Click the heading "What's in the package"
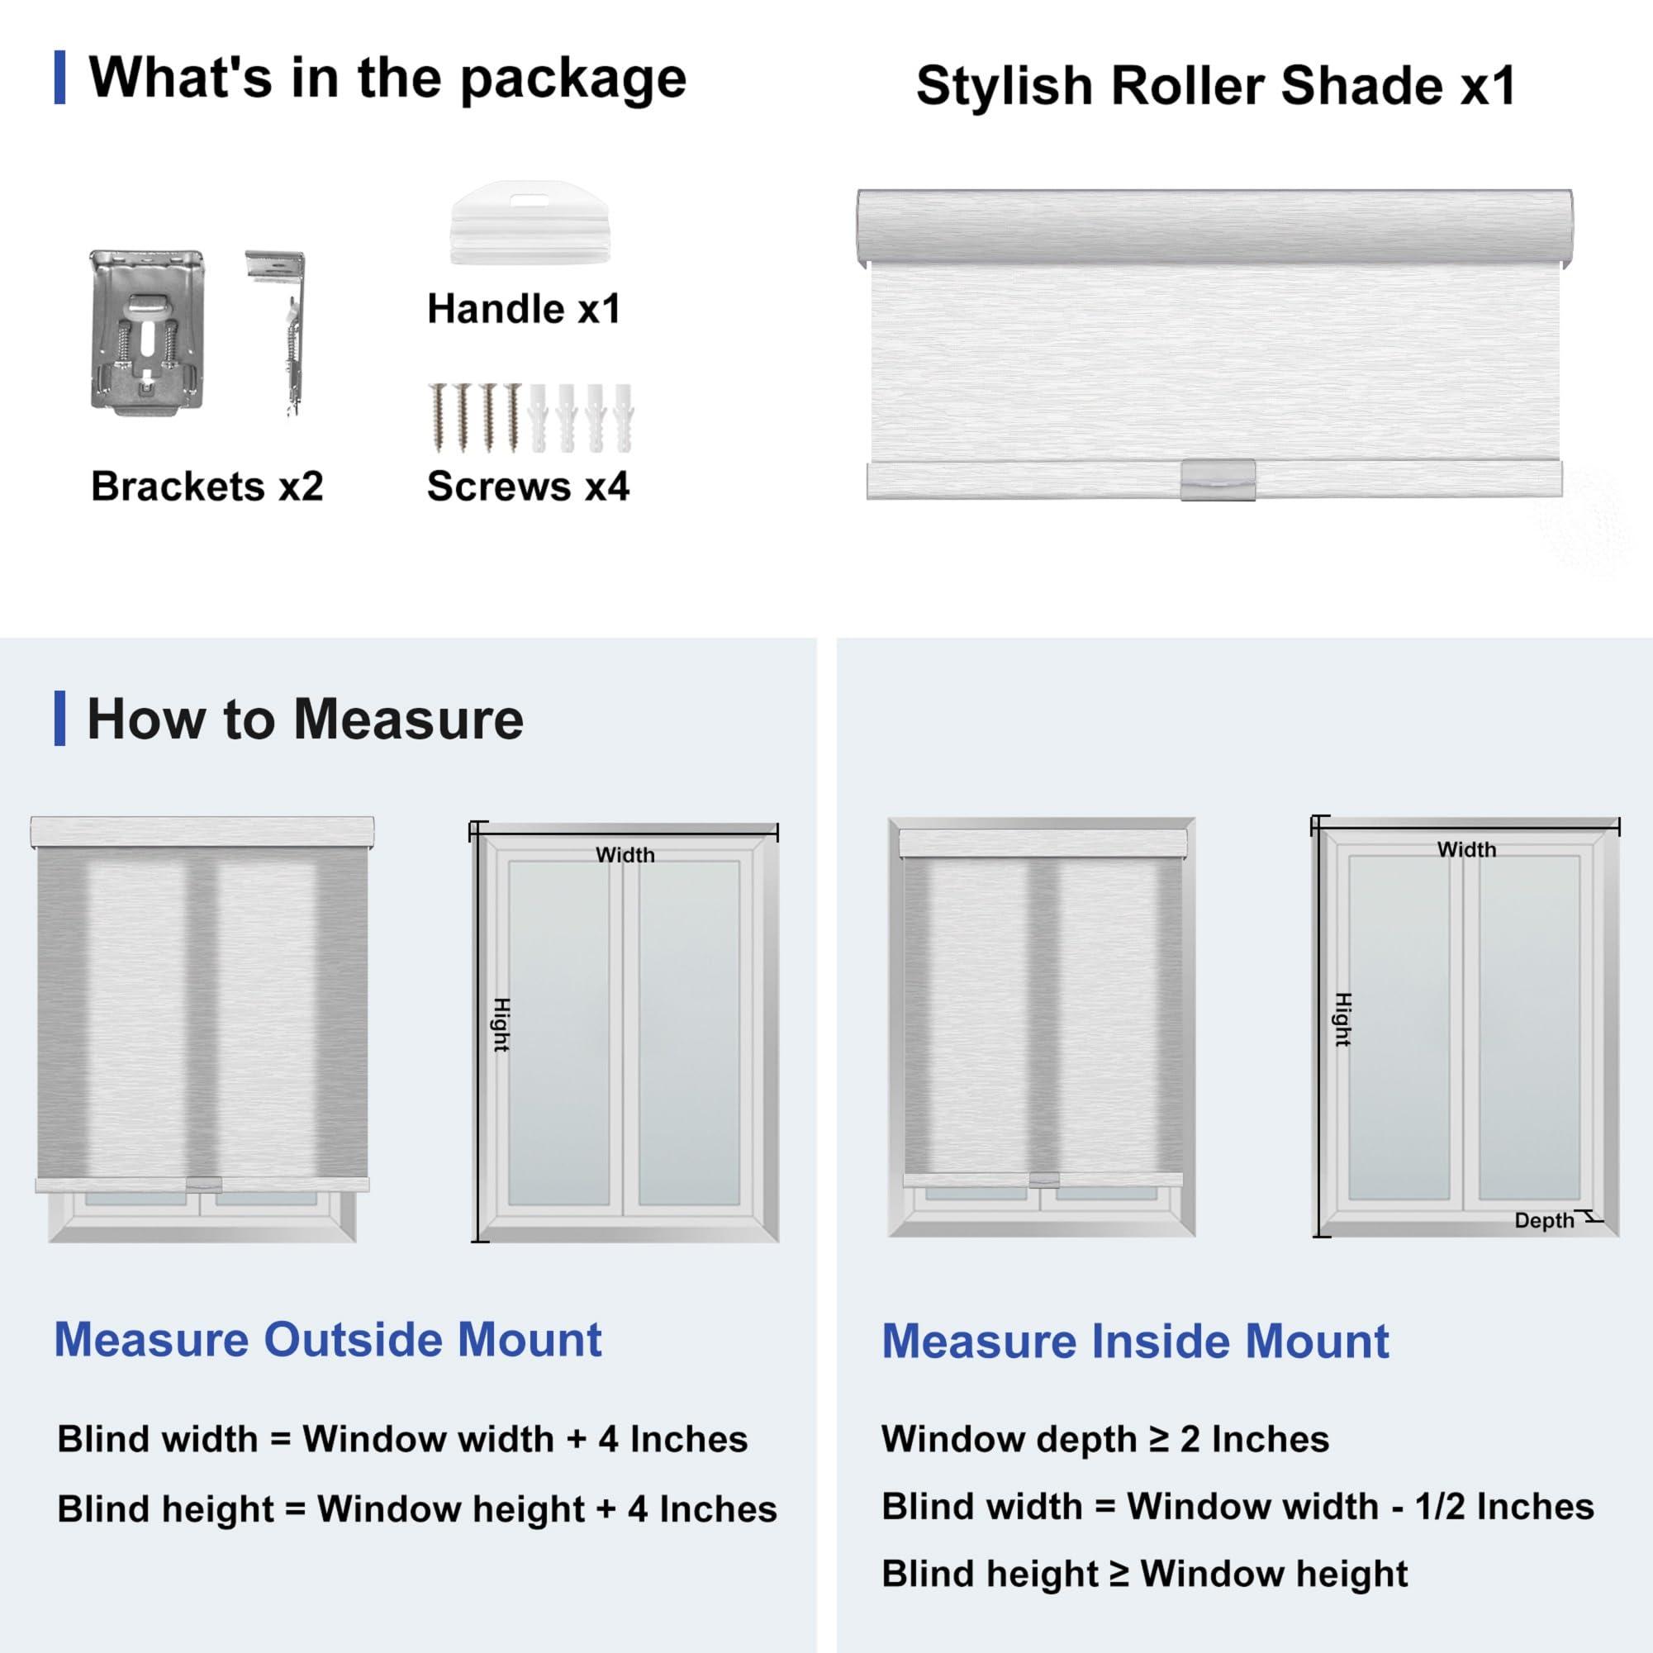pyautogui.click(x=387, y=78)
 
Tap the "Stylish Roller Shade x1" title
pyautogui.click(x=1215, y=87)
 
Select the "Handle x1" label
pyautogui.click(x=524, y=309)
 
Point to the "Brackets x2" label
pyautogui.click(x=207, y=487)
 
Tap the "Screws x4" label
pyautogui.click(x=528, y=487)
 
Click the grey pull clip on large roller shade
pyautogui.click(x=1218, y=480)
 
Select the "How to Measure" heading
pyautogui.click(x=305, y=720)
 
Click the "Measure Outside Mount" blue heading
pyautogui.click(x=328, y=1339)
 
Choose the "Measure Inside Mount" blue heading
pyautogui.click(x=1135, y=1341)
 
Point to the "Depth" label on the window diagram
pyautogui.click(x=1543, y=1220)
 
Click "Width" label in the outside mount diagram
pyautogui.click(x=625, y=855)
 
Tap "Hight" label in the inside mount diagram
pyautogui.click(x=1342, y=1019)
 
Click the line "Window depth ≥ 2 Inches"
pyautogui.click(x=1104, y=1439)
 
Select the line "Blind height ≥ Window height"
pyautogui.click(x=1144, y=1574)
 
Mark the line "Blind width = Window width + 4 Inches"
pyautogui.click(x=402, y=1439)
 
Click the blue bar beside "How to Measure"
pyautogui.click(x=59, y=719)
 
